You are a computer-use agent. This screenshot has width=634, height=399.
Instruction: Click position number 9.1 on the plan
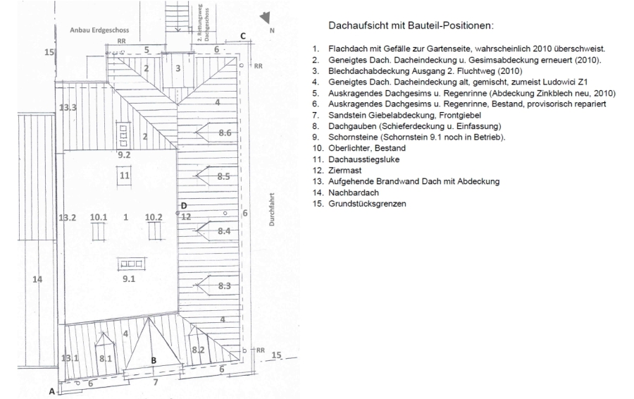point(128,279)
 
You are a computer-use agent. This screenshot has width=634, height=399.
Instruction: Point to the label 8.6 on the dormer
point(225,133)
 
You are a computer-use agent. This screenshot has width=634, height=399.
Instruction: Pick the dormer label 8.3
point(225,286)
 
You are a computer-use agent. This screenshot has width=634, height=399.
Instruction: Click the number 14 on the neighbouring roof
point(38,279)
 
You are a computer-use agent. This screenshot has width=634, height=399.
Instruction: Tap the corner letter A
point(51,391)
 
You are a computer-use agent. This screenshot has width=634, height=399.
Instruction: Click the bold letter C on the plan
point(242,36)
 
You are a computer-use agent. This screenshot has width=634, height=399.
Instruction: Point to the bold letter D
point(184,206)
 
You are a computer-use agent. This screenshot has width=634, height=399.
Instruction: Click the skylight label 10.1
point(98,217)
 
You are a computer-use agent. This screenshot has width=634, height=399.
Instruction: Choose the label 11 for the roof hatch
point(125,174)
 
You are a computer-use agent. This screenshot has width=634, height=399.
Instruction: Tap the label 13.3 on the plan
point(68,107)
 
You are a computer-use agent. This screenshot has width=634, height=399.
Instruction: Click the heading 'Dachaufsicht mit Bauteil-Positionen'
point(411,26)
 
